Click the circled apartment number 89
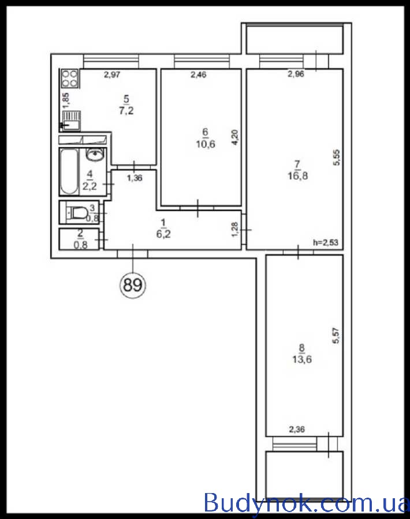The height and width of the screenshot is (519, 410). (x=133, y=285)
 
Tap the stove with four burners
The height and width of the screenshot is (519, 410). (x=70, y=78)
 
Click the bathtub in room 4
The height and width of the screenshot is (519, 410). (x=69, y=171)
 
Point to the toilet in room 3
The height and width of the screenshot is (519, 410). (x=77, y=213)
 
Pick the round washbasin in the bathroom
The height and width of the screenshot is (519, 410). (x=96, y=153)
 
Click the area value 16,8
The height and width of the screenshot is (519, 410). (x=297, y=175)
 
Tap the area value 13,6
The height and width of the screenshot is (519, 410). (x=302, y=359)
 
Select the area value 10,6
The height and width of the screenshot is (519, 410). (x=205, y=144)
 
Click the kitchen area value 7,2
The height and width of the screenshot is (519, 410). (x=126, y=110)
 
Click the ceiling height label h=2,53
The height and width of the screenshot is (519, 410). (x=326, y=243)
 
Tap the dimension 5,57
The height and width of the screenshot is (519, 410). (x=336, y=335)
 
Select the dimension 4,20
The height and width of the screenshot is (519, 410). (x=234, y=138)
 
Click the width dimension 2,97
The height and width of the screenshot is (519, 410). (x=112, y=75)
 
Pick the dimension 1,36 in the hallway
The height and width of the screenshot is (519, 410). (x=135, y=178)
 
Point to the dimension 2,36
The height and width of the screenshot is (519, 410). (x=297, y=430)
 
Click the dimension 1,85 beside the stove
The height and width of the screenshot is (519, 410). (x=66, y=100)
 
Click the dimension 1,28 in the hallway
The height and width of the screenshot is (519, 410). (x=234, y=229)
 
